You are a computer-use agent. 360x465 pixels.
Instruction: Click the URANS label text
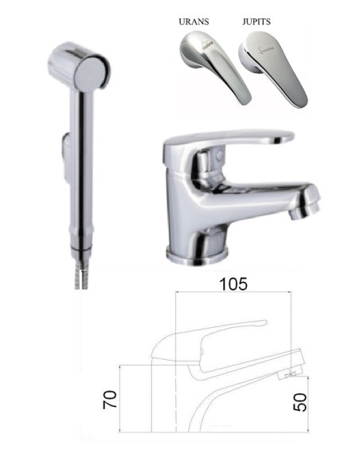pos(197,24)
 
